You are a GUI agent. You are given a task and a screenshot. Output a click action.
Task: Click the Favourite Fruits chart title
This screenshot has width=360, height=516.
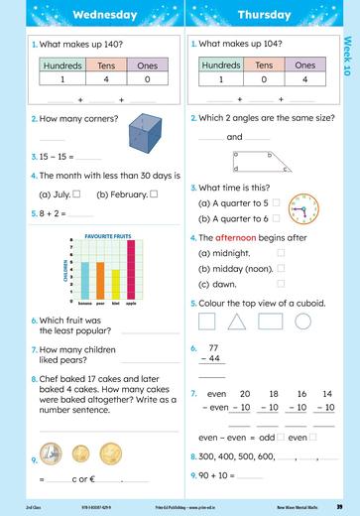coord(108,236)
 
